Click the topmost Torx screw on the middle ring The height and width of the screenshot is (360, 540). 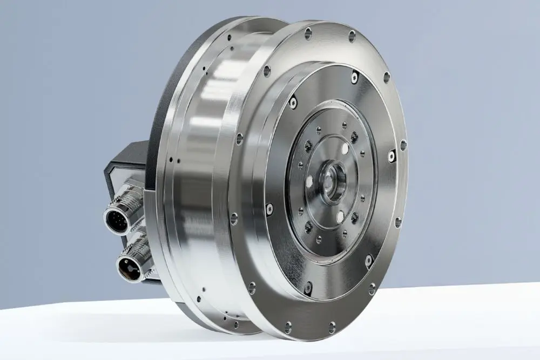pos(354,77)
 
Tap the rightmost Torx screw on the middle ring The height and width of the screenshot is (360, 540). pos(392,156)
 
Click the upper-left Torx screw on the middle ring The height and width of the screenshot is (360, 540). pos(292,101)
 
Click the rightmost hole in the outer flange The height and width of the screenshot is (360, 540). pos(403,145)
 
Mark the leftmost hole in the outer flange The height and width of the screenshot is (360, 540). pos(234,219)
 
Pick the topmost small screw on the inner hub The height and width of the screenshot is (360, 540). pos(344,126)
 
